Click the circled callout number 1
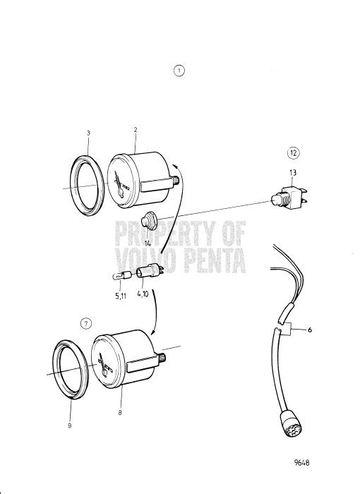point(179,71)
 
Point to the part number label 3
point(89,133)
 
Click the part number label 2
point(135,129)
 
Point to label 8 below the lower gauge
point(121,413)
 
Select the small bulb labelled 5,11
point(119,276)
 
